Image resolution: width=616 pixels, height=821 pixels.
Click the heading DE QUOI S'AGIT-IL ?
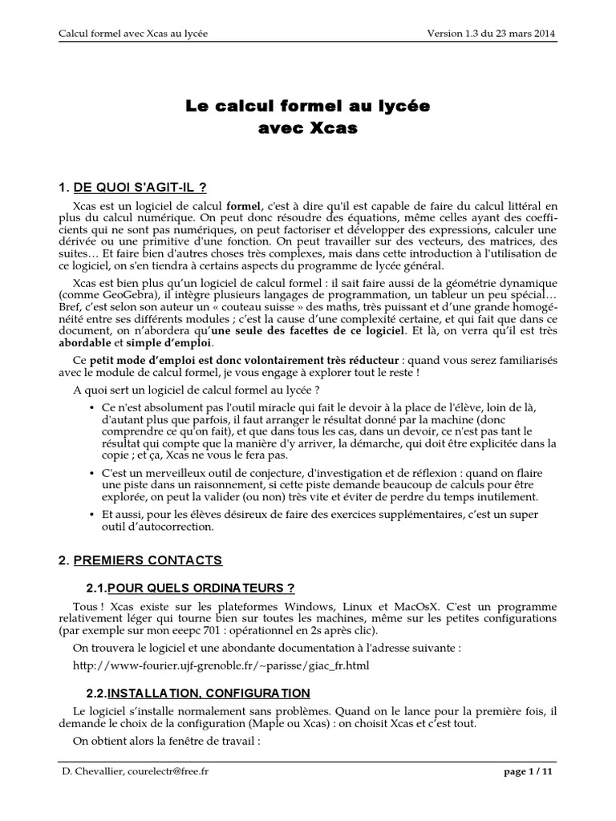[140, 188]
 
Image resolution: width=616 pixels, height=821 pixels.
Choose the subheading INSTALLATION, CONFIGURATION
[209, 692]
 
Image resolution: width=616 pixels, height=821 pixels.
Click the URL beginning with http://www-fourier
[221, 665]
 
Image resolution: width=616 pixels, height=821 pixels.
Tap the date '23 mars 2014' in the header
[522, 34]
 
